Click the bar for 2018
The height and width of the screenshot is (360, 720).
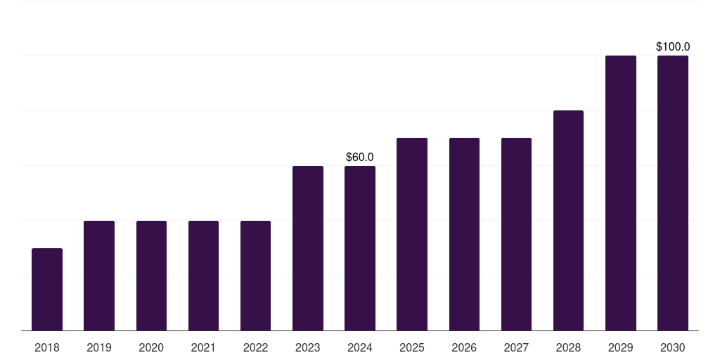(47, 290)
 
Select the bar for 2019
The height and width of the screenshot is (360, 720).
(99, 276)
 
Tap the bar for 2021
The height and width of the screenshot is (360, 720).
(203, 276)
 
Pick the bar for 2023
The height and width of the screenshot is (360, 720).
(308, 248)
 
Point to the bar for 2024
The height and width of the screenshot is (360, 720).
(360, 248)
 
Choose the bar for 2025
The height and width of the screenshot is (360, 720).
(412, 234)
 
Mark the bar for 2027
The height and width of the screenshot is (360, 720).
(516, 234)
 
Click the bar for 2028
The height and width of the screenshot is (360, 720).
(568, 221)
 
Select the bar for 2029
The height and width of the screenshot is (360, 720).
(621, 193)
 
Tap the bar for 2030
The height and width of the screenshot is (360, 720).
(673, 193)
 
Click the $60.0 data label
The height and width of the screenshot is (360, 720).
(360, 157)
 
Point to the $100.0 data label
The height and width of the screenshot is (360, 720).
(673, 47)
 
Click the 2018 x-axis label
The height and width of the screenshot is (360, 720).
(47, 347)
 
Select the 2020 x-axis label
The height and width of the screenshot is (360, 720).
(151, 347)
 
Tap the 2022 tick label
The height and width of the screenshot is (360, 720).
(255, 347)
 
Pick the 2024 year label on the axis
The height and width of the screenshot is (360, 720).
(360, 347)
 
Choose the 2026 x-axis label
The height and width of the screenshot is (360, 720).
(464, 347)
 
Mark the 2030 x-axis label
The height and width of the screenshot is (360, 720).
(673, 347)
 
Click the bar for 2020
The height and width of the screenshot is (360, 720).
(151, 276)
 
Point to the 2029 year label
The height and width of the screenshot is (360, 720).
(621, 347)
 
